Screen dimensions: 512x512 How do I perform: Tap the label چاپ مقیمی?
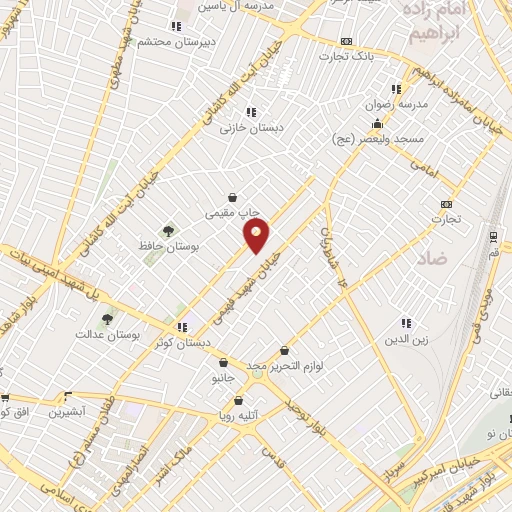pyautogui.click(x=232, y=212)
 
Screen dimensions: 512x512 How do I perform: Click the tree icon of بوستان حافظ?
pyautogui.click(x=166, y=231)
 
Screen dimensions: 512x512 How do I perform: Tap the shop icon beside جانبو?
pyautogui.click(x=222, y=362)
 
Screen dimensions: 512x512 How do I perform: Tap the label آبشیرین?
pyautogui.click(x=69, y=411)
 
